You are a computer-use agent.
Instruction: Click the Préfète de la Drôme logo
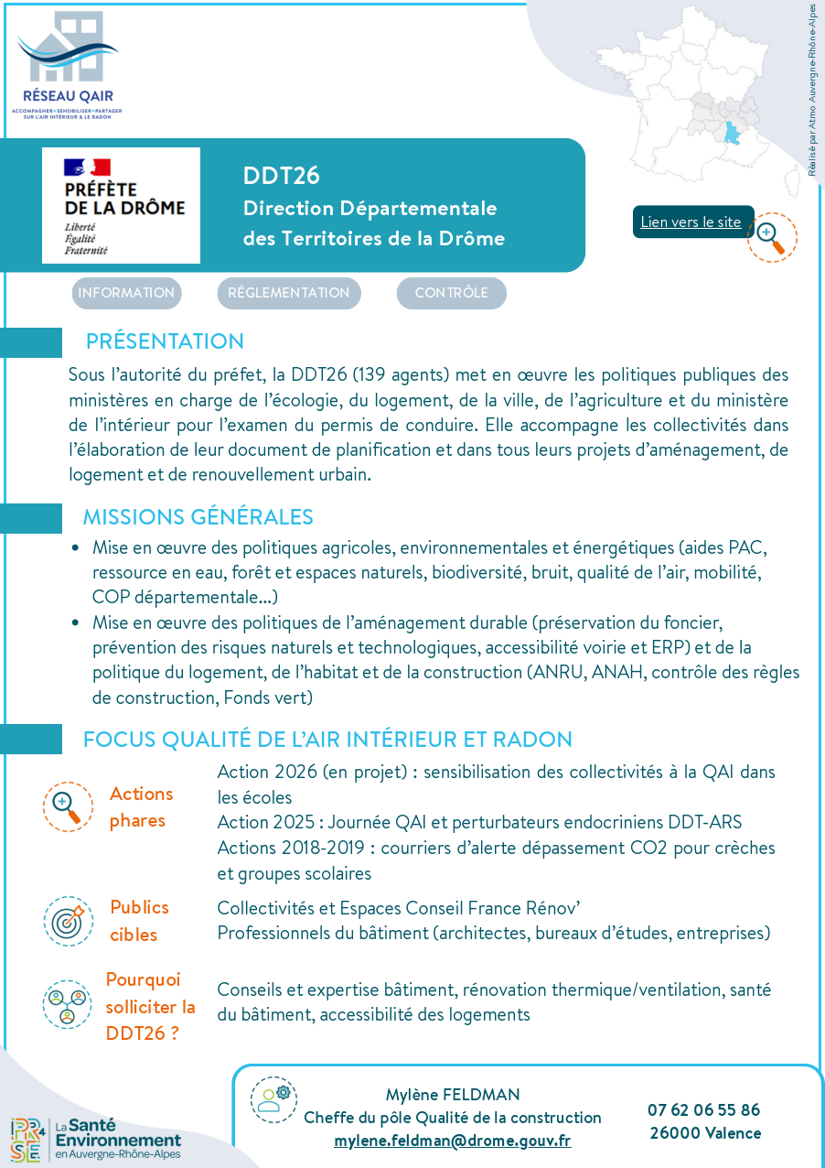point(121,206)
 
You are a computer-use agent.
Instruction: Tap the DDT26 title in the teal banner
point(281,176)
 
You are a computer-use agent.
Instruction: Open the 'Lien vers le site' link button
point(691,222)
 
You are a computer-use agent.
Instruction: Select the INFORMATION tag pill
point(126,293)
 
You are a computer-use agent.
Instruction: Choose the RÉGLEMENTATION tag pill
point(288,293)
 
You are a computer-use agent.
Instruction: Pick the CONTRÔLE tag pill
point(451,293)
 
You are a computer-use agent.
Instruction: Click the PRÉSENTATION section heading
point(165,341)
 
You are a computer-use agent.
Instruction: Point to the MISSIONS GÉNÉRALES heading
point(198,517)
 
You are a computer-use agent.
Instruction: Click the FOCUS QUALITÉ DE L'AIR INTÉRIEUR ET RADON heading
point(327,740)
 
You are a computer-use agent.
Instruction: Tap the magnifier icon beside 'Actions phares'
point(68,806)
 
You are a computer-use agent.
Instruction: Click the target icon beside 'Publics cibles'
point(68,921)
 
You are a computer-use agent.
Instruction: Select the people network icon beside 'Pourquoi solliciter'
point(68,1004)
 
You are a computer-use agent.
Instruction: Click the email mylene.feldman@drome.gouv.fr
point(453,1141)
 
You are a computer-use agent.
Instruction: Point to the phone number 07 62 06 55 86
point(704,1109)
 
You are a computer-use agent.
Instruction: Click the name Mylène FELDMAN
point(453,1095)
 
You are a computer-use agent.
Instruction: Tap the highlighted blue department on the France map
point(734,135)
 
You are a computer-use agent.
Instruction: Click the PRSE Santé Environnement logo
point(95,1140)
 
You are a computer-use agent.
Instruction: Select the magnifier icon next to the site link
point(771,236)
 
